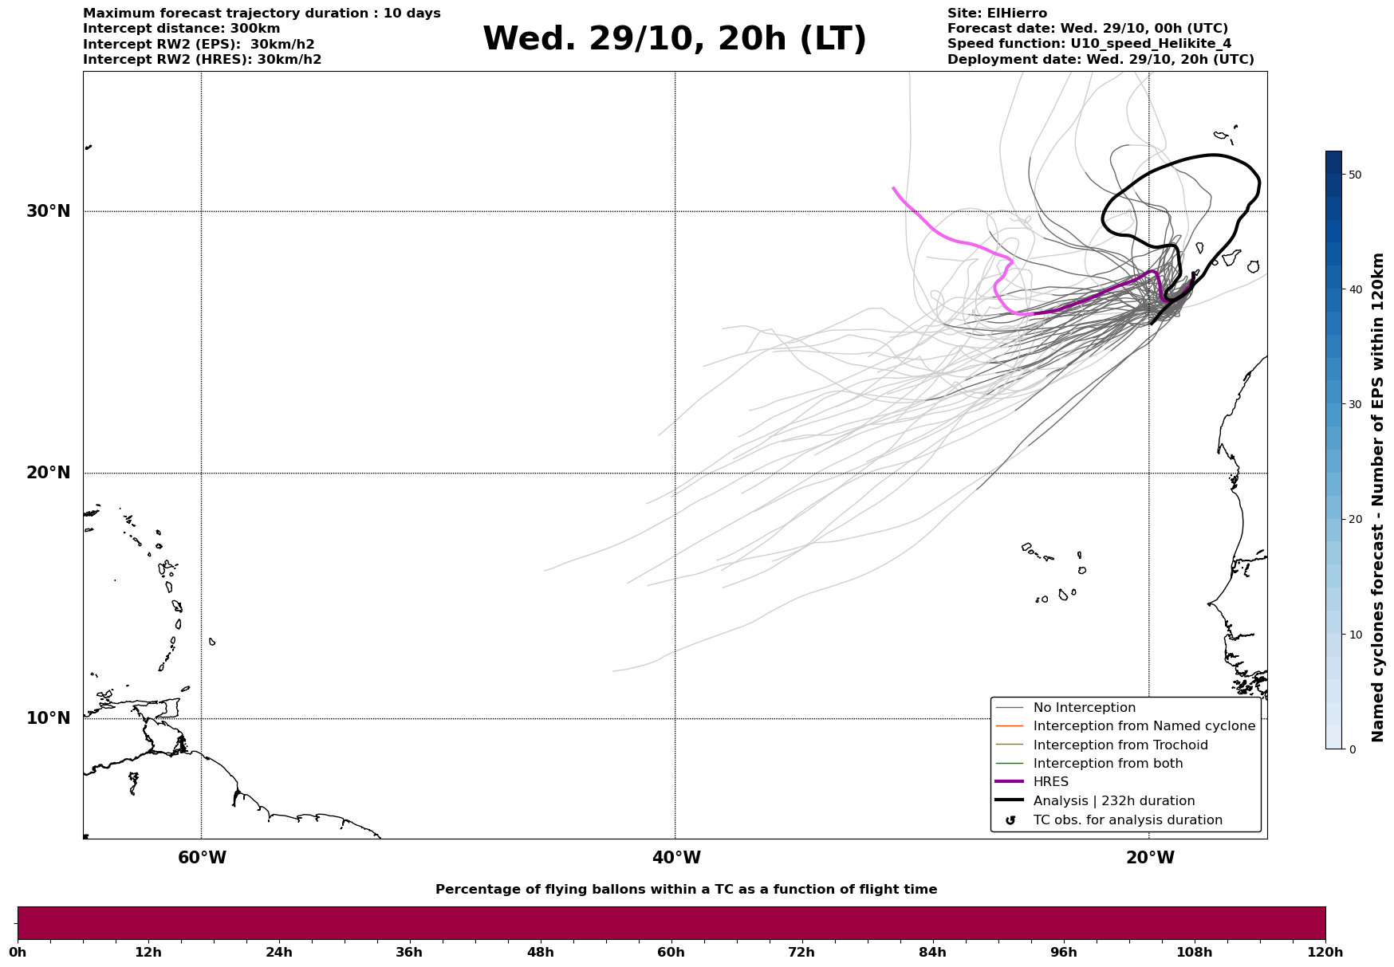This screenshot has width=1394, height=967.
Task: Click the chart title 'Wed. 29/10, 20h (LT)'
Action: click(674, 39)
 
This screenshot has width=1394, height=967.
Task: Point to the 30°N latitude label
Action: click(48, 211)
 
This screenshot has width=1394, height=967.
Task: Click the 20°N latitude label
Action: click(48, 473)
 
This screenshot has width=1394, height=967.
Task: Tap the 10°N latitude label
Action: click(48, 718)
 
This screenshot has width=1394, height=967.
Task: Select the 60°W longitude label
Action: click(202, 858)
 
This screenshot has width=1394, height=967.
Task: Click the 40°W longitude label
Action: click(676, 858)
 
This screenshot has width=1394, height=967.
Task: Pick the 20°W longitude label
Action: click(1150, 858)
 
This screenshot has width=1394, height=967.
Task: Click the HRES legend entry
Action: click(1050, 782)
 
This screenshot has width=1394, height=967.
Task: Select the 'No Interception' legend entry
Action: click(1084, 708)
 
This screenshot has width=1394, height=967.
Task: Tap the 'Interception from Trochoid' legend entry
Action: click(1120, 745)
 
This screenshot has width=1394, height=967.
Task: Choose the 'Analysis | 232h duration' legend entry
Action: click(1113, 801)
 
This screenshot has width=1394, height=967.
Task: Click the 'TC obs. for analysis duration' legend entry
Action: click(1127, 820)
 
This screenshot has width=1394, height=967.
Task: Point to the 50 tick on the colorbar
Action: click(1354, 175)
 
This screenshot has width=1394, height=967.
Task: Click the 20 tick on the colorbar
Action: click(1354, 520)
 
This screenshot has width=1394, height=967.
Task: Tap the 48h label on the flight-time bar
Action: click(540, 953)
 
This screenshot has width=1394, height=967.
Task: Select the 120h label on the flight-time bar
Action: click(1325, 953)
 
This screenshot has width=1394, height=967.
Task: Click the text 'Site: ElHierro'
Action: click(997, 14)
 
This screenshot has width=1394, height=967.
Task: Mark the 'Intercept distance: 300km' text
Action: click(181, 29)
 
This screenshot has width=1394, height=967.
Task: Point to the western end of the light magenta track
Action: click(893, 188)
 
